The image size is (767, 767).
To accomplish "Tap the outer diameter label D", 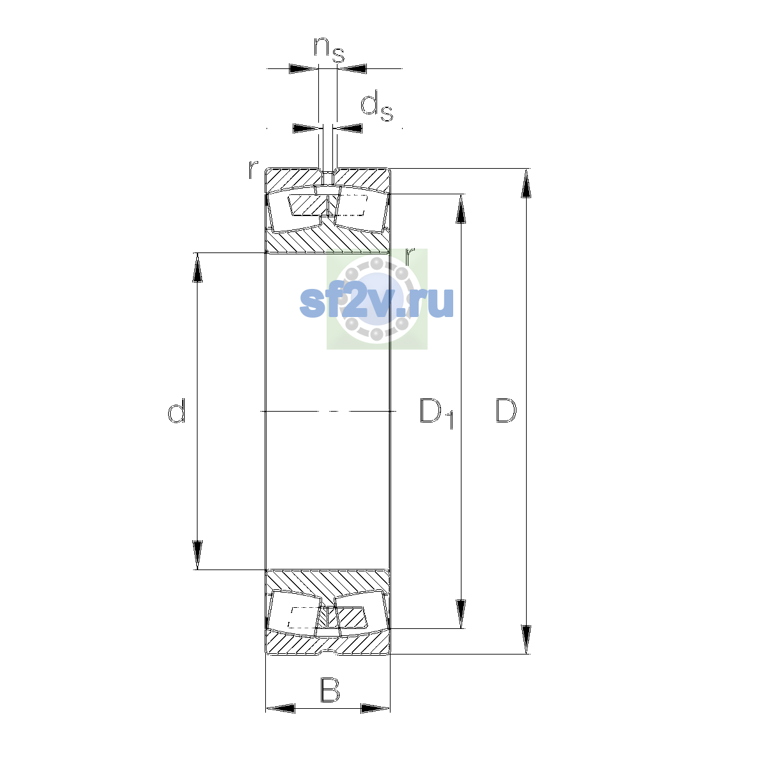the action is click(506, 410).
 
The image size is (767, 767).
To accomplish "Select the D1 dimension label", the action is click(437, 413).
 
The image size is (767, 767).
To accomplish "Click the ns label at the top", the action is click(329, 50).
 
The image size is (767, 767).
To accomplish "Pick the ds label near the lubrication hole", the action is click(376, 106).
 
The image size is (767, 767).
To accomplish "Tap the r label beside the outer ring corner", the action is click(253, 169).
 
